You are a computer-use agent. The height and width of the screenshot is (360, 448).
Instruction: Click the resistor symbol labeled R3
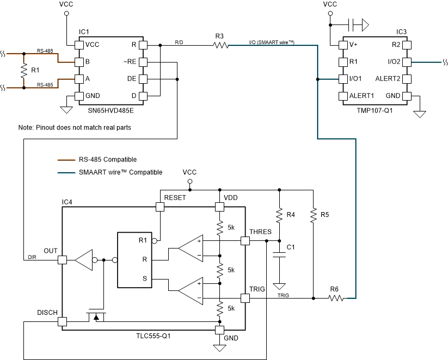(220, 46)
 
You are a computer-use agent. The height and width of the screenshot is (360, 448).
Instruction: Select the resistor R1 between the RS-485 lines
(24, 70)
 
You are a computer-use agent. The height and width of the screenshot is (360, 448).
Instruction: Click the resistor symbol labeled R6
(335, 298)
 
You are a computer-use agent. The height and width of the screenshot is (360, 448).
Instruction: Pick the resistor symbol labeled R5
(313, 216)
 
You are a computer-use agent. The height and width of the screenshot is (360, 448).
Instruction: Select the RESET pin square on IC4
(160, 207)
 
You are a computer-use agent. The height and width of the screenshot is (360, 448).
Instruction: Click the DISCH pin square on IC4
(63, 321)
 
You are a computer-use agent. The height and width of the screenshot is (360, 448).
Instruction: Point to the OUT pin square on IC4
(63, 260)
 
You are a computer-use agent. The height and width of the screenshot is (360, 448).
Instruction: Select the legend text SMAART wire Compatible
(121, 172)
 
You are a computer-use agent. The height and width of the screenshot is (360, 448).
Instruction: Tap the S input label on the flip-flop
(144, 278)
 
